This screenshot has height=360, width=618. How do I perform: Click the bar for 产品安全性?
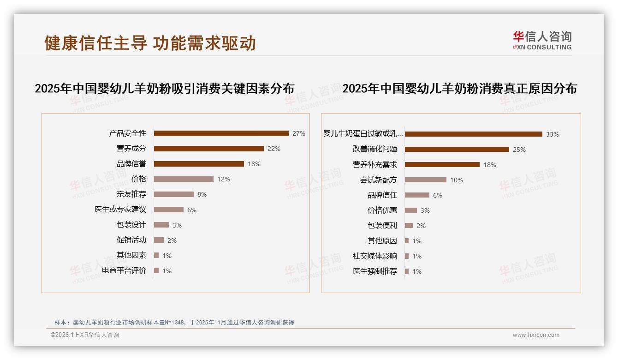click(221, 133)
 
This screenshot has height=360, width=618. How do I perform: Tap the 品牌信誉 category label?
click(131, 164)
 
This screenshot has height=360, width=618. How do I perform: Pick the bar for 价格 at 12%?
click(184, 179)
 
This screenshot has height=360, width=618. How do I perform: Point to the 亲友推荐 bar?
click(173, 194)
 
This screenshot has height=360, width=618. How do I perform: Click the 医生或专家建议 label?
click(120, 210)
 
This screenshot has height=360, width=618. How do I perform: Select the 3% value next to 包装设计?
click(177, 225)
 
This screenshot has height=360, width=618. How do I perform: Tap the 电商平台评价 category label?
click(124, 270)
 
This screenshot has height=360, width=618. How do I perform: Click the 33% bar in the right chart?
click(473, 134)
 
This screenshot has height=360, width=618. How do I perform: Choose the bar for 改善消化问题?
click(457, 150)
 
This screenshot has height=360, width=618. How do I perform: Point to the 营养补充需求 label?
click(375, 165)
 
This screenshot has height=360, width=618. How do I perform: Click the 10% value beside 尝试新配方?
click(457, 180)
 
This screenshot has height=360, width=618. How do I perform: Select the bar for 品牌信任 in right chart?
click(417, 195)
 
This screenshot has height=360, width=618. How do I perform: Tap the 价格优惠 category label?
click(382, 210)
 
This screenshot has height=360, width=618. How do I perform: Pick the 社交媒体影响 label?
click(375, 256)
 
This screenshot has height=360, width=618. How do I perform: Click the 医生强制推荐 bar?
click(407, 271)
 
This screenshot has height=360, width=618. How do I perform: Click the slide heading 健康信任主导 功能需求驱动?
click(150, 43)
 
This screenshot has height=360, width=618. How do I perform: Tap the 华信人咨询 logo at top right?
click(542, 40)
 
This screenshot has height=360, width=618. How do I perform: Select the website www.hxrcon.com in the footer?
click(536, 335)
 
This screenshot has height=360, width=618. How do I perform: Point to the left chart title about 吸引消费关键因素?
click(165, 89)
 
